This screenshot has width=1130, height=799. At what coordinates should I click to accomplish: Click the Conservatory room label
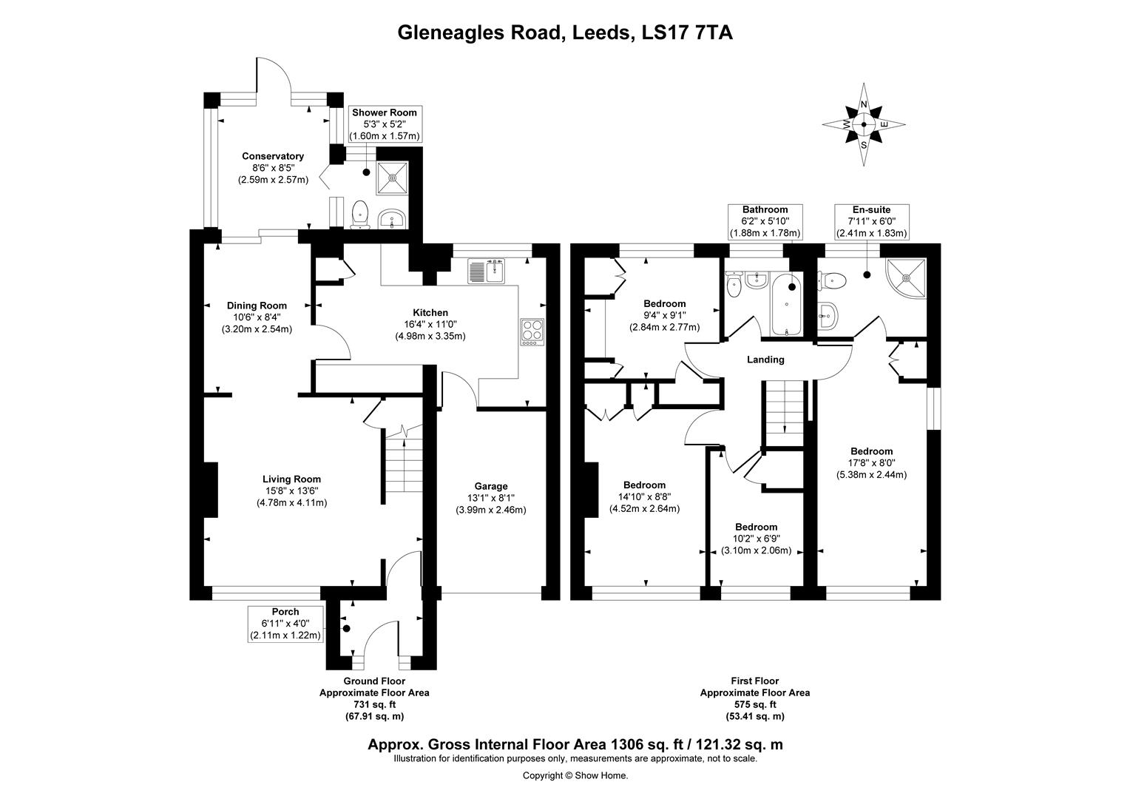[273, 156]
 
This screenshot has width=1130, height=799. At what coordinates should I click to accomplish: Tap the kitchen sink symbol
[486, 272]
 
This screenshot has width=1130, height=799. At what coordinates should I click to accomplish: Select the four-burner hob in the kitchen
[532, 331]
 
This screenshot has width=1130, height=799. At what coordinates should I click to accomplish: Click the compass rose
[863, 124]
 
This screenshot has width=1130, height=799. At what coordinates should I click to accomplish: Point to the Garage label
[491, 486]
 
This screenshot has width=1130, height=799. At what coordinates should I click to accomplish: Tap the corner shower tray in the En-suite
[906, 278]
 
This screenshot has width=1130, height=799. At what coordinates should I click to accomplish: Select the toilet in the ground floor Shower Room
[360, 213]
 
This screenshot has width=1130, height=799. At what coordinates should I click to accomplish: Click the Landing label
[765, 360]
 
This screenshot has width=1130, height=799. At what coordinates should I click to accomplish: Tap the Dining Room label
[257, 306]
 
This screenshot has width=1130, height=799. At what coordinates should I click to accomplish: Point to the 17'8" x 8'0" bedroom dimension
[871, 463]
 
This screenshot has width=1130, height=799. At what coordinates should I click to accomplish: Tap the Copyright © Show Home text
[575, 775]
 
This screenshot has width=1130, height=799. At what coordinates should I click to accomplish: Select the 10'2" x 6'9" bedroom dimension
[756, 539]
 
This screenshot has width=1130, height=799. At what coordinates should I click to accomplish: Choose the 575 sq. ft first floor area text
[754, 704]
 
